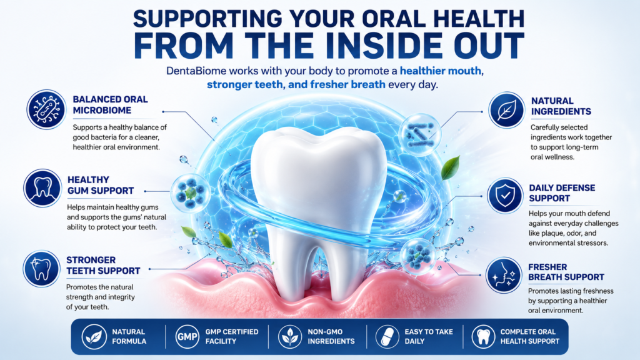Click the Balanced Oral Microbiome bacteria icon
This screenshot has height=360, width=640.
tap(46, 109)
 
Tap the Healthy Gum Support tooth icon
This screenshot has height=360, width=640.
tap(42, 189)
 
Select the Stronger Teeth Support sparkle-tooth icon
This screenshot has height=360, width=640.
tap(42, 269)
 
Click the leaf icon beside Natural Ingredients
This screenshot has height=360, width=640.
tap(506, 110)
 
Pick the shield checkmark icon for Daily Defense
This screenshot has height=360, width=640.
tap(505, 196)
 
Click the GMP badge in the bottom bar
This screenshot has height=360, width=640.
tap(187, 337)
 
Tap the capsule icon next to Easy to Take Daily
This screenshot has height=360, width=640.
tap(387, 337)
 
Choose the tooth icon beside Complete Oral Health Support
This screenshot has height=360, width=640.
tap(483, 337)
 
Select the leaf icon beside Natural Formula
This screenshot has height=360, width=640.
tap(94, 337)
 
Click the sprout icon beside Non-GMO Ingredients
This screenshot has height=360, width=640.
tap(290, 337)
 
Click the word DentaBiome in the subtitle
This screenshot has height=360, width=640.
tap(196, 71)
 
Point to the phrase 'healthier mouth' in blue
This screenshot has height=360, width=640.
tap(440, 71)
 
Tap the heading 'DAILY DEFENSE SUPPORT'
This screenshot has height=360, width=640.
tap(562, 193)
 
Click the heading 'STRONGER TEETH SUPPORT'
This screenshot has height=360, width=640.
tap(103, 265)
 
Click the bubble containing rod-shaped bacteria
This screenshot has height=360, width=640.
tap(419, 135)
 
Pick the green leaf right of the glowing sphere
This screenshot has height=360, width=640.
tap(451, 167)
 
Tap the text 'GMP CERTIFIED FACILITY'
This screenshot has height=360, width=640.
tap(231, 337)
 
